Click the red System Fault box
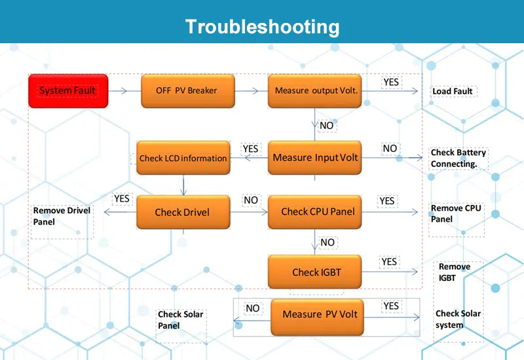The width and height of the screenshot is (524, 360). coord(68,91)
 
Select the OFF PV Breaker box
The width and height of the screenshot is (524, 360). coord(187,91)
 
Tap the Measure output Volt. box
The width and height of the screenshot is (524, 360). coord(316,91)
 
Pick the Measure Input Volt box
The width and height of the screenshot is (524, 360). coord(315,158)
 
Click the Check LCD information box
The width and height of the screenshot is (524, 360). coord(183,158)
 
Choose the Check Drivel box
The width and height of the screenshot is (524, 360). coord(183,212)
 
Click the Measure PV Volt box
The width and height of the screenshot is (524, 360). coord(320,315)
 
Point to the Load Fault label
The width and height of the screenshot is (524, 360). coord(453,92)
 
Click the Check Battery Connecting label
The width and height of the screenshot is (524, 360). coord(458,158)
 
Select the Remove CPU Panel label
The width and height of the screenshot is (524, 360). coord(456,213)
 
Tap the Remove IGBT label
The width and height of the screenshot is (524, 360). coord(455,272)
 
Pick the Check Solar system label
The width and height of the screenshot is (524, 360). coord(458,319)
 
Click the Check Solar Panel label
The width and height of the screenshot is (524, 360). coord(180,320)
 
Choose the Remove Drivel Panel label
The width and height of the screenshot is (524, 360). coord(62,216)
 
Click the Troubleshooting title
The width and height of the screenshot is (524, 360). coord(262,27)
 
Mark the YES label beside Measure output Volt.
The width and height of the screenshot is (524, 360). coord(391,82)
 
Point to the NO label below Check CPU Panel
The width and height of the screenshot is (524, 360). coord(327,242)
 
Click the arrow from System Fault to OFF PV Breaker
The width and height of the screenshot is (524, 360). coord(124,91)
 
